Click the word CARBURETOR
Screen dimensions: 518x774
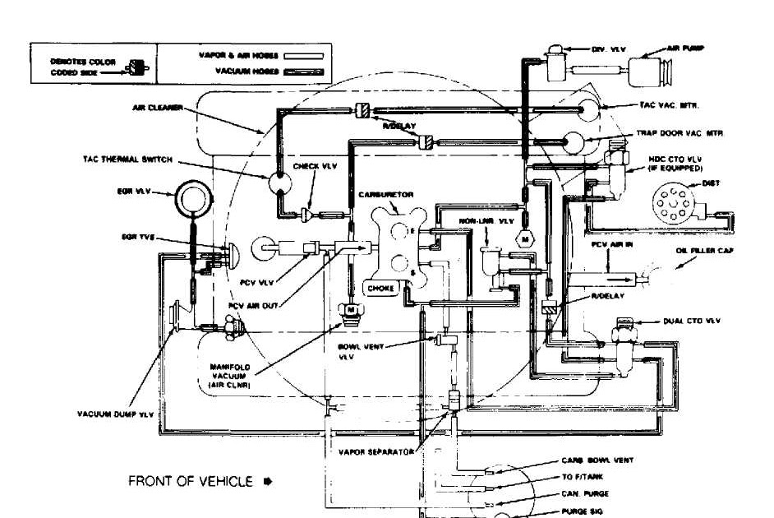[x=386, y=195]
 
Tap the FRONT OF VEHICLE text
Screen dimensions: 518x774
[x=190, y=482]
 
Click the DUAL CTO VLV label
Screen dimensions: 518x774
[x=692, y=321]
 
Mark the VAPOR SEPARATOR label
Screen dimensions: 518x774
[x=376, y=451]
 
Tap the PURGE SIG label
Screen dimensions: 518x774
[x=584, y=511]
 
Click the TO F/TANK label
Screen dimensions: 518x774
[x=581, y=476]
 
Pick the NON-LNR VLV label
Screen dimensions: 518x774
[x=486, y=221]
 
